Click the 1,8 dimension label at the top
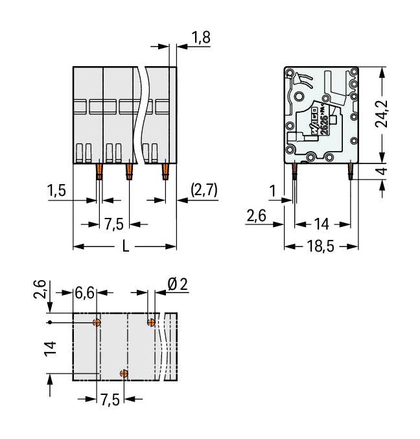tap(201, 38)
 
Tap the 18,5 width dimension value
tap(321, 247)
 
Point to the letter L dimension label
tap(125, 247)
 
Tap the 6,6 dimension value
tap(84, 292)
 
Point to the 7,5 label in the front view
tap(114, 224)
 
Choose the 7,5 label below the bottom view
tap(110, 399)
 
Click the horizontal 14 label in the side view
tap(321, 224)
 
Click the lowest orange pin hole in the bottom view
tap(124, 373)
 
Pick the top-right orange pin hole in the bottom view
tap(152, 322)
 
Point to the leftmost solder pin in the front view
tap(100, 172)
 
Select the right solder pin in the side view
tap(351, 171)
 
